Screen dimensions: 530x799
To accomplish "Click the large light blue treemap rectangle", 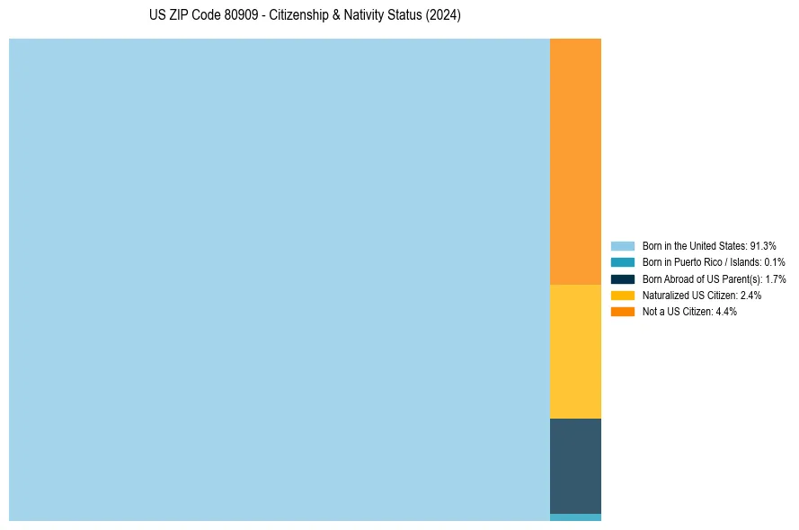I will point(279,279).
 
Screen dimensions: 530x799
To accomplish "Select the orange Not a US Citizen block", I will point(575,162).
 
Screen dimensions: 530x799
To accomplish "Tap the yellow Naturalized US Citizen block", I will point(575,351).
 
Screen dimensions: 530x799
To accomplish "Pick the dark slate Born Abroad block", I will point(575,465).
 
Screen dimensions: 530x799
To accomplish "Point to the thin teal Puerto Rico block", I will point(575,517).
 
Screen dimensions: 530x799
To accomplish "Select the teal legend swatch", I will point(623,262).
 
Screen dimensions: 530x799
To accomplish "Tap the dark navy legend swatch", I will point(623,278).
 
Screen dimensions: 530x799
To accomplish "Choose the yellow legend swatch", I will point(623,295).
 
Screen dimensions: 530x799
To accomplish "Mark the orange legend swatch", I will point(623,311).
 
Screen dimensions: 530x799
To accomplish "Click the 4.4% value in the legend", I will point(726,311).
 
